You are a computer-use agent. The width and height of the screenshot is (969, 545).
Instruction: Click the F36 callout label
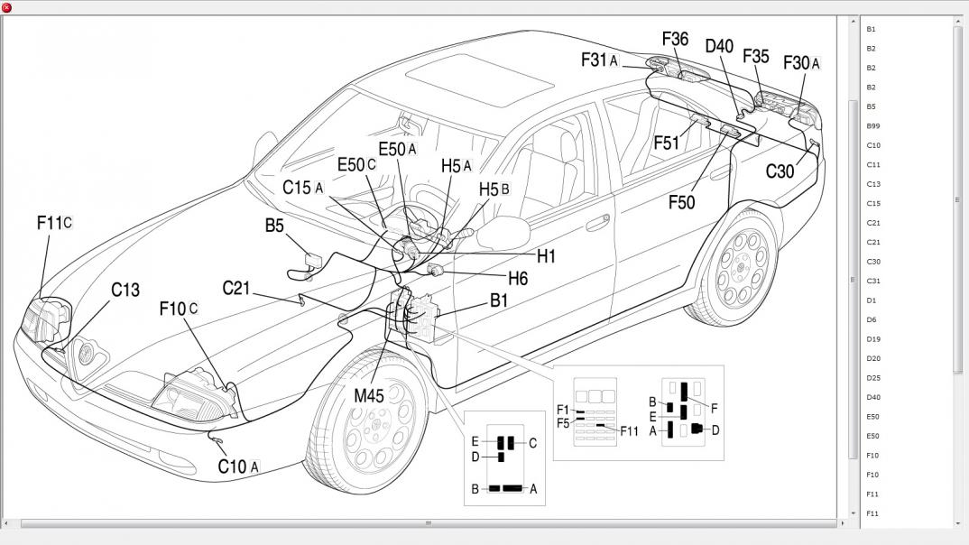click(675, 39)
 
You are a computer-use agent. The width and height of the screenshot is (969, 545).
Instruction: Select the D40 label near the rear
click(719, 46)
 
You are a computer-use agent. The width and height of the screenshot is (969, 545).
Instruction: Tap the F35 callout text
click(756, 56)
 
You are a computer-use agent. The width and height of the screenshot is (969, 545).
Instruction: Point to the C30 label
click(780, 171)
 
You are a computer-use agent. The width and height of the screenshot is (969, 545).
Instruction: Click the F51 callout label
click(667, 143)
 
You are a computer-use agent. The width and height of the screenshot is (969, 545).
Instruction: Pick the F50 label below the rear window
click(681, 202)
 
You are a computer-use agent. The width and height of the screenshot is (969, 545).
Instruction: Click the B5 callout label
click(275, 226)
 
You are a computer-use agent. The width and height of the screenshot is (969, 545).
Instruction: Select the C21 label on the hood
click(235, 288)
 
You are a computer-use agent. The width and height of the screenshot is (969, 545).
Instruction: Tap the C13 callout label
click(125, 290)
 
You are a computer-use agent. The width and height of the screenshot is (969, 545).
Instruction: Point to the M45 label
click(369, 394)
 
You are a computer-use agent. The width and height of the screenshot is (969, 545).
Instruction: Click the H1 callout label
click(546, 256)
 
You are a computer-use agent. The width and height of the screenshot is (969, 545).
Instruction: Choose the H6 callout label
click(518, 279)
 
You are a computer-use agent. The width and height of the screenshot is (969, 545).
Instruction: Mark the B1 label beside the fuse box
click(499, 301)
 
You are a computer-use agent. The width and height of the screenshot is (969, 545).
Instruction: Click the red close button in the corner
click(7, 7)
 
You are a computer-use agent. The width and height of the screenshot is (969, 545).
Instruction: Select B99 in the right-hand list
click(872, 125)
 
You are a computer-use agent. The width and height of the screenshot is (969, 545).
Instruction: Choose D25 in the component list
click(872, 378)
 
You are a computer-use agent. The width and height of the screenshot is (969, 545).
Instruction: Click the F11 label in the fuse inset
click(629, 431)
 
